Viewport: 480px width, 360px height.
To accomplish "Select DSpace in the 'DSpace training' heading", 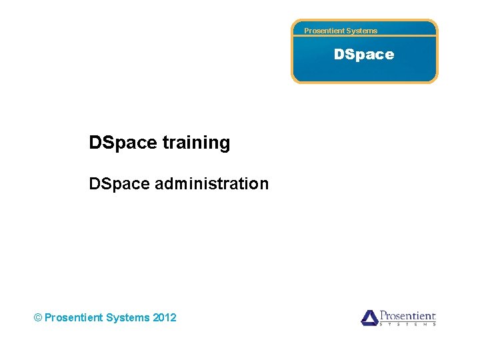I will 123,143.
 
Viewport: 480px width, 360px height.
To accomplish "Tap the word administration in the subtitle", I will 212,183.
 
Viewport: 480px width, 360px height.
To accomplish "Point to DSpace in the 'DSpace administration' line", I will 119,183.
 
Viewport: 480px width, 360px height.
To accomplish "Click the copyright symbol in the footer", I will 37,318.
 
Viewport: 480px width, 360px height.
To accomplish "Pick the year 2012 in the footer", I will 165,318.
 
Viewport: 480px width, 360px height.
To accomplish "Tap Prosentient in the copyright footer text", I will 73,318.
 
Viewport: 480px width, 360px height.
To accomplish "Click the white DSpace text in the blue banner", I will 364,55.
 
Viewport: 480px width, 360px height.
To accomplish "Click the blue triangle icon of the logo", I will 369,317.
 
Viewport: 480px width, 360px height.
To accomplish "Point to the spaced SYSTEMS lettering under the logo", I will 407,324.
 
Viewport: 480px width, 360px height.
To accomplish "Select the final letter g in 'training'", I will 225,145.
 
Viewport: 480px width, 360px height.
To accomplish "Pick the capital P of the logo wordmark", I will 383,315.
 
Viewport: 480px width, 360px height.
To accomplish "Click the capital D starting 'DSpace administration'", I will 94,183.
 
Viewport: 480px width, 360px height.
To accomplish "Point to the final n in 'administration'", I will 265,185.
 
